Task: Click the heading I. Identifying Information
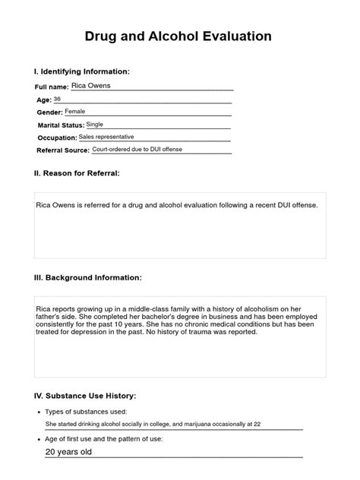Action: pos(83,71)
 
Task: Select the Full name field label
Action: pos(53,88)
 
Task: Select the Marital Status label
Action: pos(61,125)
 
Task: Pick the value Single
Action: pos(96,124)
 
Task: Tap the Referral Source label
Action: pos(63,150)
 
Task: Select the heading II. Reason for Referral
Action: pos(77,173)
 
